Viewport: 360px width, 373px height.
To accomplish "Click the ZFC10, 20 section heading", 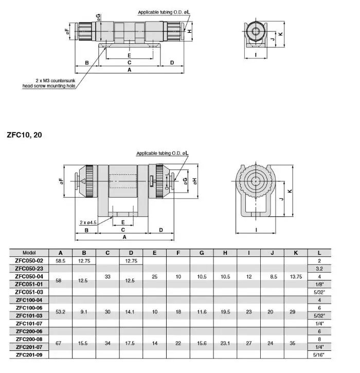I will [x=25, y=136].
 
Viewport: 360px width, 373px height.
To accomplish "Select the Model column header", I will [x=29, y=253].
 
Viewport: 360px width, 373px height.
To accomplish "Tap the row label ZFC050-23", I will [x=29, y=268].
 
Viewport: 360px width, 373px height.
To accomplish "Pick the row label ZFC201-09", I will [x=29, y=355].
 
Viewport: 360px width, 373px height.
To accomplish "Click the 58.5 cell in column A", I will [x=61, y=260].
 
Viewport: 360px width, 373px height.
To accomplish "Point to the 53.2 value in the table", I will [x=61, y=311].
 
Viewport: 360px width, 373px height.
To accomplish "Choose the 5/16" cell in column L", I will [x=319, y=355].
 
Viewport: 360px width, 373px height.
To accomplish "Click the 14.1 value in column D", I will [x=131, y=311].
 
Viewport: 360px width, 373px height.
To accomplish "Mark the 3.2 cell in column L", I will [x=319, y=268].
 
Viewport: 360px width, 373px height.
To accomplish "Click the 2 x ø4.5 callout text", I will [x=89, y=222].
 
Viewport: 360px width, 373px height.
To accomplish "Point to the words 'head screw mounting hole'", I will [x=49, y=86].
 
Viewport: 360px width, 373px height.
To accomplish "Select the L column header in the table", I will [x=319, y=253].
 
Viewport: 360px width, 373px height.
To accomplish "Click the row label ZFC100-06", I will [x=29, y=308].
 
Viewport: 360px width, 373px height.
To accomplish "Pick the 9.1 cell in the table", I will [x=84, y=311].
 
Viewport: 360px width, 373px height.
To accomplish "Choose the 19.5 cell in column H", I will [x=225, y=311].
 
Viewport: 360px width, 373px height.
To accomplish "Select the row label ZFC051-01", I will [x=29, y=284].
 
